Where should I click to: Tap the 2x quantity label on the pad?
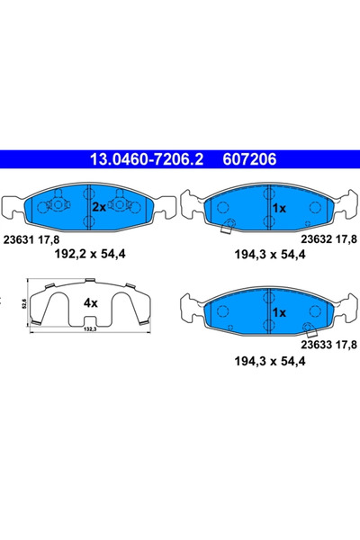(x=98, y=206)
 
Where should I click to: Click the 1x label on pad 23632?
(x=278, y=208)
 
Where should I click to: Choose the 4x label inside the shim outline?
(x=90, y=303)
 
